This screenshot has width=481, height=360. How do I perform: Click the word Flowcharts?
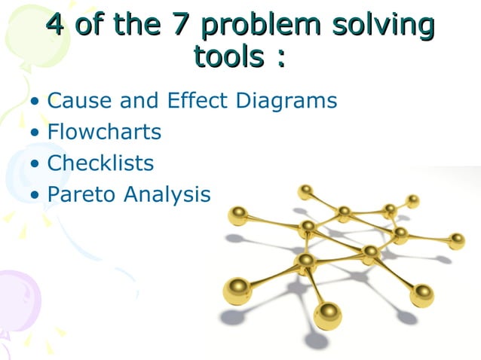(104, 132)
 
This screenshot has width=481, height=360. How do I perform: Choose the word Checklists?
(100, 163)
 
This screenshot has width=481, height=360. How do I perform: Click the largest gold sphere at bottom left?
(237, 291)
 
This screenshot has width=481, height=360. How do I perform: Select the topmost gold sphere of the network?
(305, 191)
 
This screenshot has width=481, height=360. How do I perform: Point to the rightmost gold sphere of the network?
(456, 241)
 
